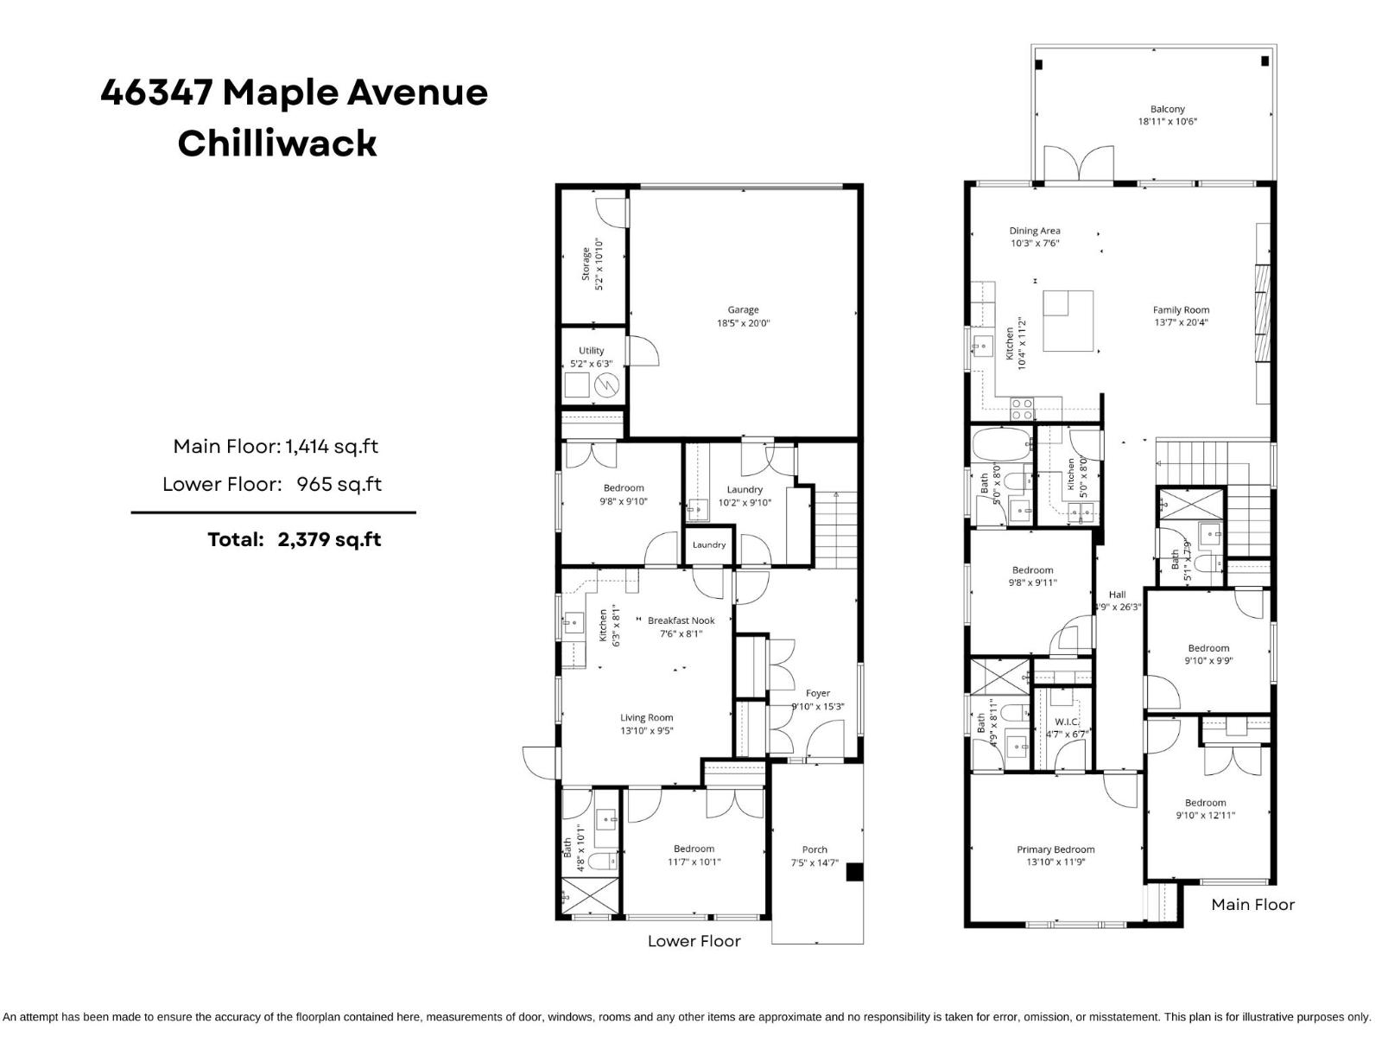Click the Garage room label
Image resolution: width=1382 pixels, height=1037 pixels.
743,310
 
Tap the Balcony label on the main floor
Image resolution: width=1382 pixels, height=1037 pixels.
1167,110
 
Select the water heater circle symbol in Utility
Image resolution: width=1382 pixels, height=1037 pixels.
607,385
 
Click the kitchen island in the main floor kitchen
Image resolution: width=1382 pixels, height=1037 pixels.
1068,321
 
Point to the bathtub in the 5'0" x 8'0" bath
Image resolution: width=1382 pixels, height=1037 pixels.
1001,446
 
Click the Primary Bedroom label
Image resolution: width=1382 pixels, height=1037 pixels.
1056,849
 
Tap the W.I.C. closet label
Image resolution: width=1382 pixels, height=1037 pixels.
1067,722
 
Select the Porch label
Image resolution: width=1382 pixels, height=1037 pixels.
815,849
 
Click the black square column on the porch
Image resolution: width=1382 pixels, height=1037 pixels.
853,873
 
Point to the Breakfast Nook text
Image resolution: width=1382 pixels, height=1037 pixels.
681,620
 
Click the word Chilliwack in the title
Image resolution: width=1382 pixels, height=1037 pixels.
277,143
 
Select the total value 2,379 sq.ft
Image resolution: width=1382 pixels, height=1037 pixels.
329,540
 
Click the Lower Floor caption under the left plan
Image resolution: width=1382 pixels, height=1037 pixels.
694,941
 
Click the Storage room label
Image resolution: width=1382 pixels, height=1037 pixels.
586,264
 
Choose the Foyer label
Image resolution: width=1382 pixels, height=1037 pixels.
817,693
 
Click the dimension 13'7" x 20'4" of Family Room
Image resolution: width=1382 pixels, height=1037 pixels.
1181,322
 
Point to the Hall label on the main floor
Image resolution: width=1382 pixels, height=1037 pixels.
1117,595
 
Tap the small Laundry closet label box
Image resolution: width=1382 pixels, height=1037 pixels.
709,545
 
